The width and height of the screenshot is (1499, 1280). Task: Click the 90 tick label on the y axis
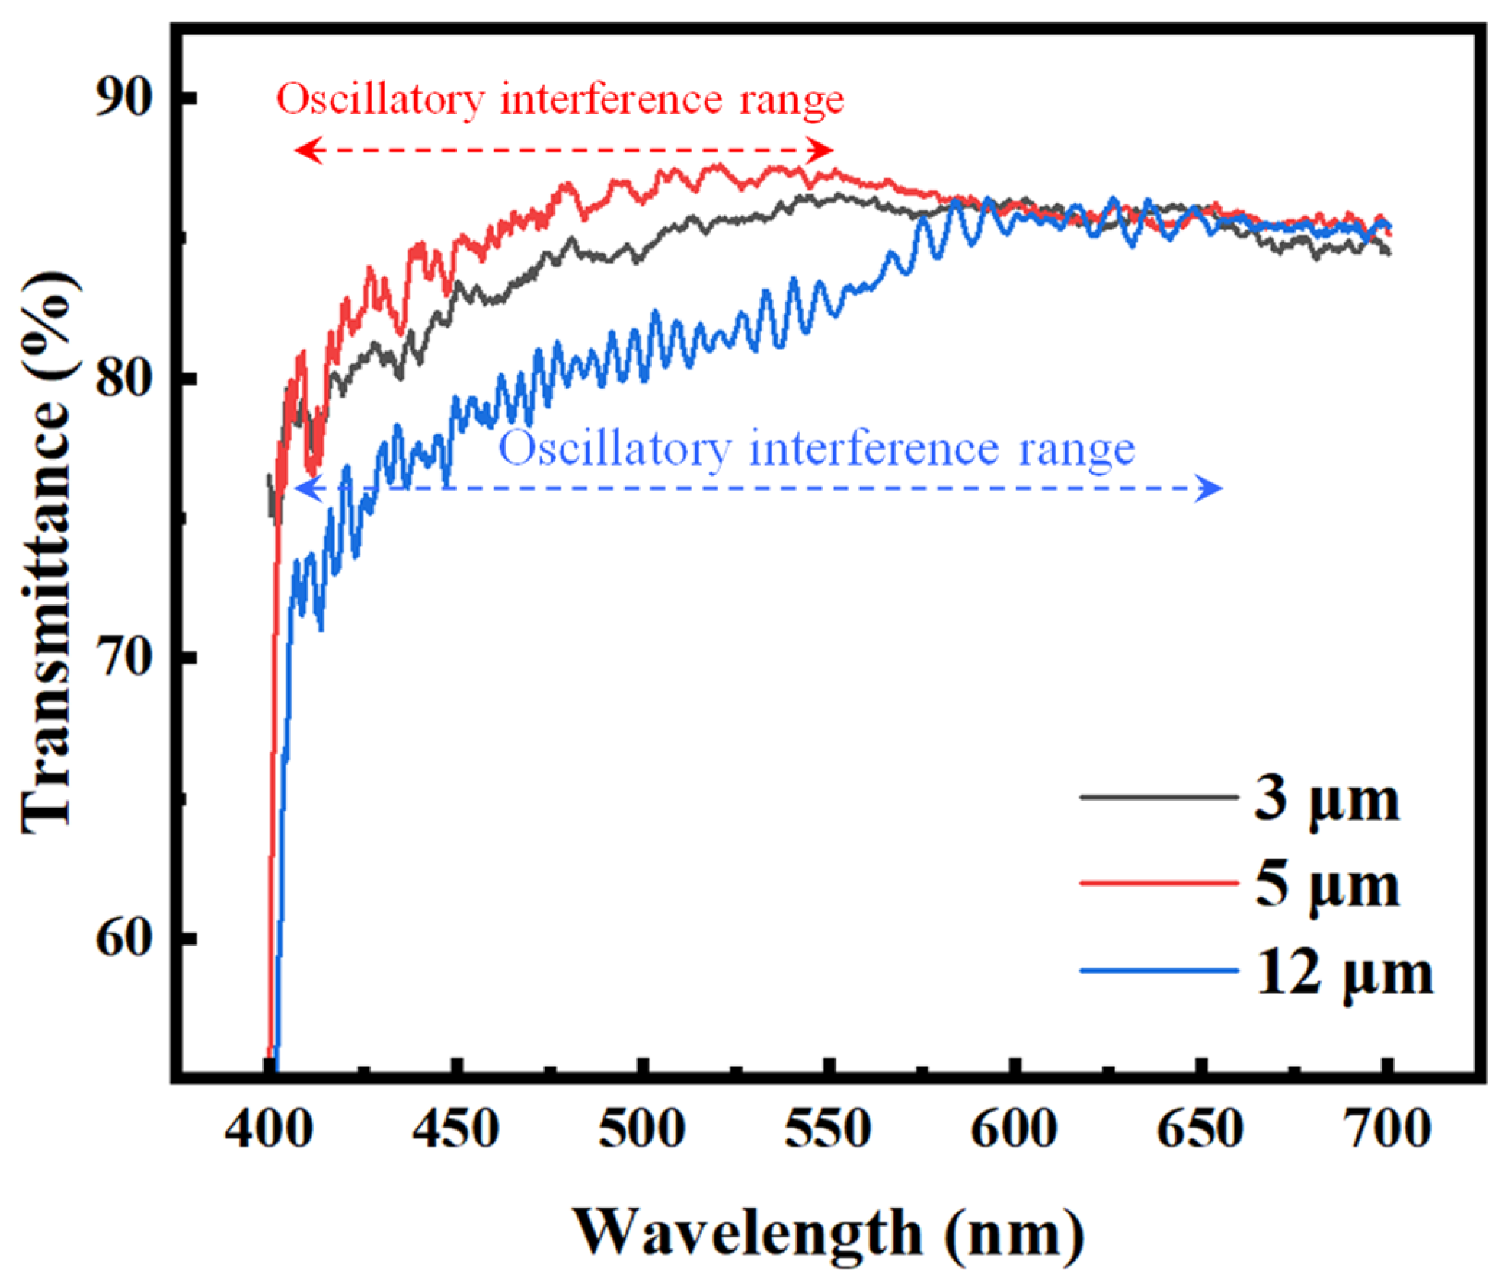[x=123, y=98]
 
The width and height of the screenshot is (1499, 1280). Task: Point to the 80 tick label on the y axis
[x=123, y=377]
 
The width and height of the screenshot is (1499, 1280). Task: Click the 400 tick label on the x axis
[x=268, y=1129]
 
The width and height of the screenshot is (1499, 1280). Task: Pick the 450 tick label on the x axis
[x=455, y=1129]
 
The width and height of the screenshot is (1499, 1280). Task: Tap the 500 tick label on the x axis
[x=642, y=1129]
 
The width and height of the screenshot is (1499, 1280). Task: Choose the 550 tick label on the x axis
[x=828, y=1129]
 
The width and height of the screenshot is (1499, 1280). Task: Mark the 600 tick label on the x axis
[x=1014, y=1129]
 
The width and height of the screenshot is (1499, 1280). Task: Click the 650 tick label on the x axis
[x=1200, y=1129]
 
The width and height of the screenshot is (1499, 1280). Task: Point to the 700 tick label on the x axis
[x=1388, y=1129]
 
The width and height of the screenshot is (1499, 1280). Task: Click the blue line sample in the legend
[x=1159, y=971]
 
